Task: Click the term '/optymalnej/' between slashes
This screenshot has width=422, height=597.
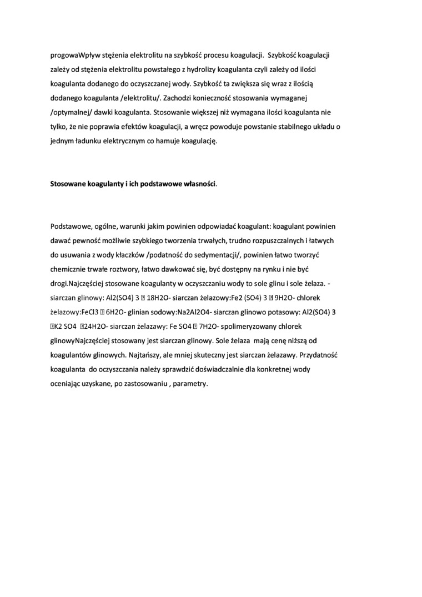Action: [x=70, y=113]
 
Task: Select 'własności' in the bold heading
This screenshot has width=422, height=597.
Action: [x=194, y=184]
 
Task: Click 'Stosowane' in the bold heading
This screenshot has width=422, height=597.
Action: [x=68, y=184]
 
